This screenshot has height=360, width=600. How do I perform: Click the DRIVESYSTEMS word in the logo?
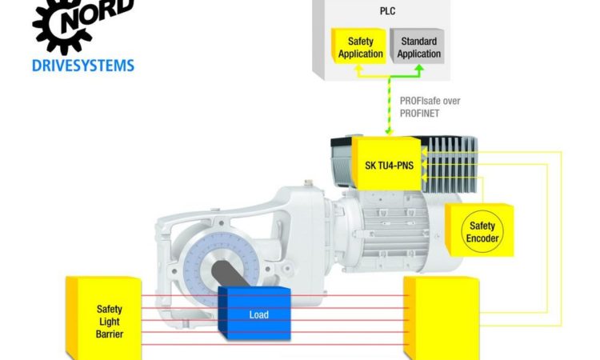point(83,66)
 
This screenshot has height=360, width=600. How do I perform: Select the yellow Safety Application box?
point(358,46)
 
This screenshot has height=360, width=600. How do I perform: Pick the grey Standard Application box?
point(417,46)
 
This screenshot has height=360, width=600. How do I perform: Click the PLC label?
point(387,11)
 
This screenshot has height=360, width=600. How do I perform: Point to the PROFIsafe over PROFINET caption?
point(430,107)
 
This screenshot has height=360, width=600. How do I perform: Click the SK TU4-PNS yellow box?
point(387,164)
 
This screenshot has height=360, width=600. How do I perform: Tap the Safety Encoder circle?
point(482,232)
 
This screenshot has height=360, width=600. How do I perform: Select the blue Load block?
point(254,313)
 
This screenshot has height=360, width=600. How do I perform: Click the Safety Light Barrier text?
point(110,322)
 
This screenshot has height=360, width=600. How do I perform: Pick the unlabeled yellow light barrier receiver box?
point(442,318)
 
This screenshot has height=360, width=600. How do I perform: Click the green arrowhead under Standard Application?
point(419,69)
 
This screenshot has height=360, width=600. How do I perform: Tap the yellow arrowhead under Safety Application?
point(358,69)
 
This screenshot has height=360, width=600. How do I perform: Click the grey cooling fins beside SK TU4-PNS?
point(450,164)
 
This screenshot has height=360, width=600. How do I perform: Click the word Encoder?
point(482,238)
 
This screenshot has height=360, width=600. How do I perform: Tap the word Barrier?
point(110,334)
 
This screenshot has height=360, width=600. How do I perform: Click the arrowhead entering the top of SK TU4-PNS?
point(389,132)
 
